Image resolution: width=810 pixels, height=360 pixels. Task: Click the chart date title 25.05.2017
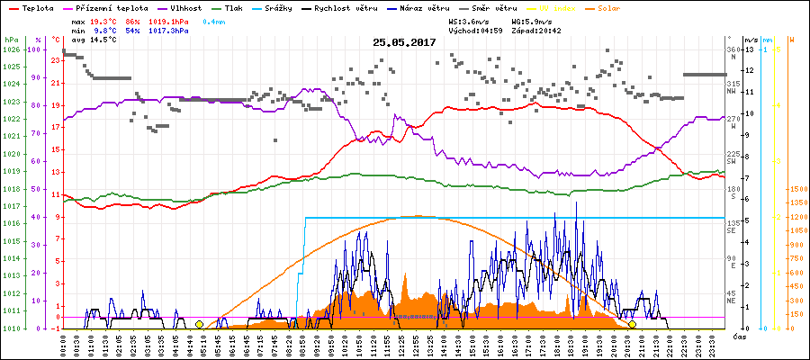(404, 42)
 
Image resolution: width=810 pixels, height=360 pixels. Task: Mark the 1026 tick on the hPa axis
(12, 49)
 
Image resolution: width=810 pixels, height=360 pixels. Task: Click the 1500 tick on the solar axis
(796, 189)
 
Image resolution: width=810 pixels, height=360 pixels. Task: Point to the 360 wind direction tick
(733, 49)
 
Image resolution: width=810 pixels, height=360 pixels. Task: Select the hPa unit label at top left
(12, 40)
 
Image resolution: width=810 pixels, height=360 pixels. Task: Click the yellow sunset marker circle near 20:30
(632, 324)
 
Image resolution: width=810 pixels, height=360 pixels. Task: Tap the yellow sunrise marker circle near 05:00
(199, 324)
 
